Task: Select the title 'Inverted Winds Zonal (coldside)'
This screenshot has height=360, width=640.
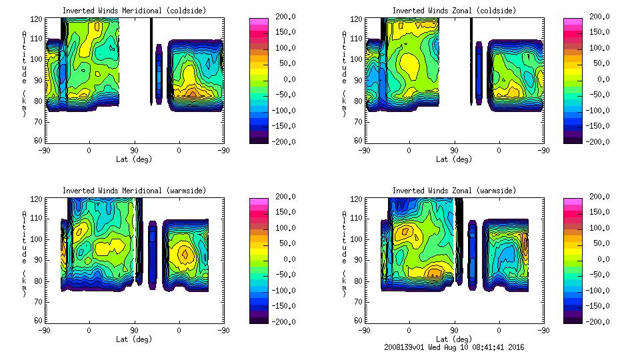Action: point(454,11)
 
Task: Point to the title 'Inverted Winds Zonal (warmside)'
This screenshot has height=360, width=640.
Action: point(454,191)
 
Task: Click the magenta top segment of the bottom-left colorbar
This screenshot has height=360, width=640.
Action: point(259,201)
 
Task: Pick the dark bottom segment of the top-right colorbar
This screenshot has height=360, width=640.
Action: point(573,139)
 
